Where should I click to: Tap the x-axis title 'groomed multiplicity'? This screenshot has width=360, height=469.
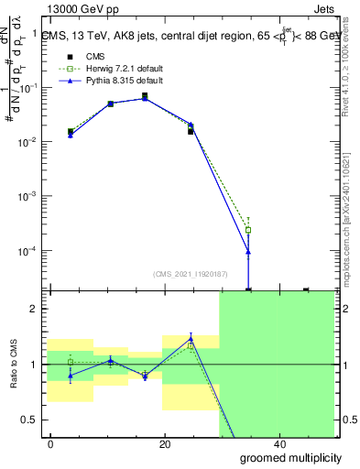click(285, 456)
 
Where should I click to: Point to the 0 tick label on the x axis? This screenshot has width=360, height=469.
click(51, 444)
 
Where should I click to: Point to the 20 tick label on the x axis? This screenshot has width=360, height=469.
click(165, 444)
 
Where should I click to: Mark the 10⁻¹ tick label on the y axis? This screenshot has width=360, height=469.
click(31, 88)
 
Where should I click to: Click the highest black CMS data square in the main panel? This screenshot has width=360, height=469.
click(145, 95)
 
